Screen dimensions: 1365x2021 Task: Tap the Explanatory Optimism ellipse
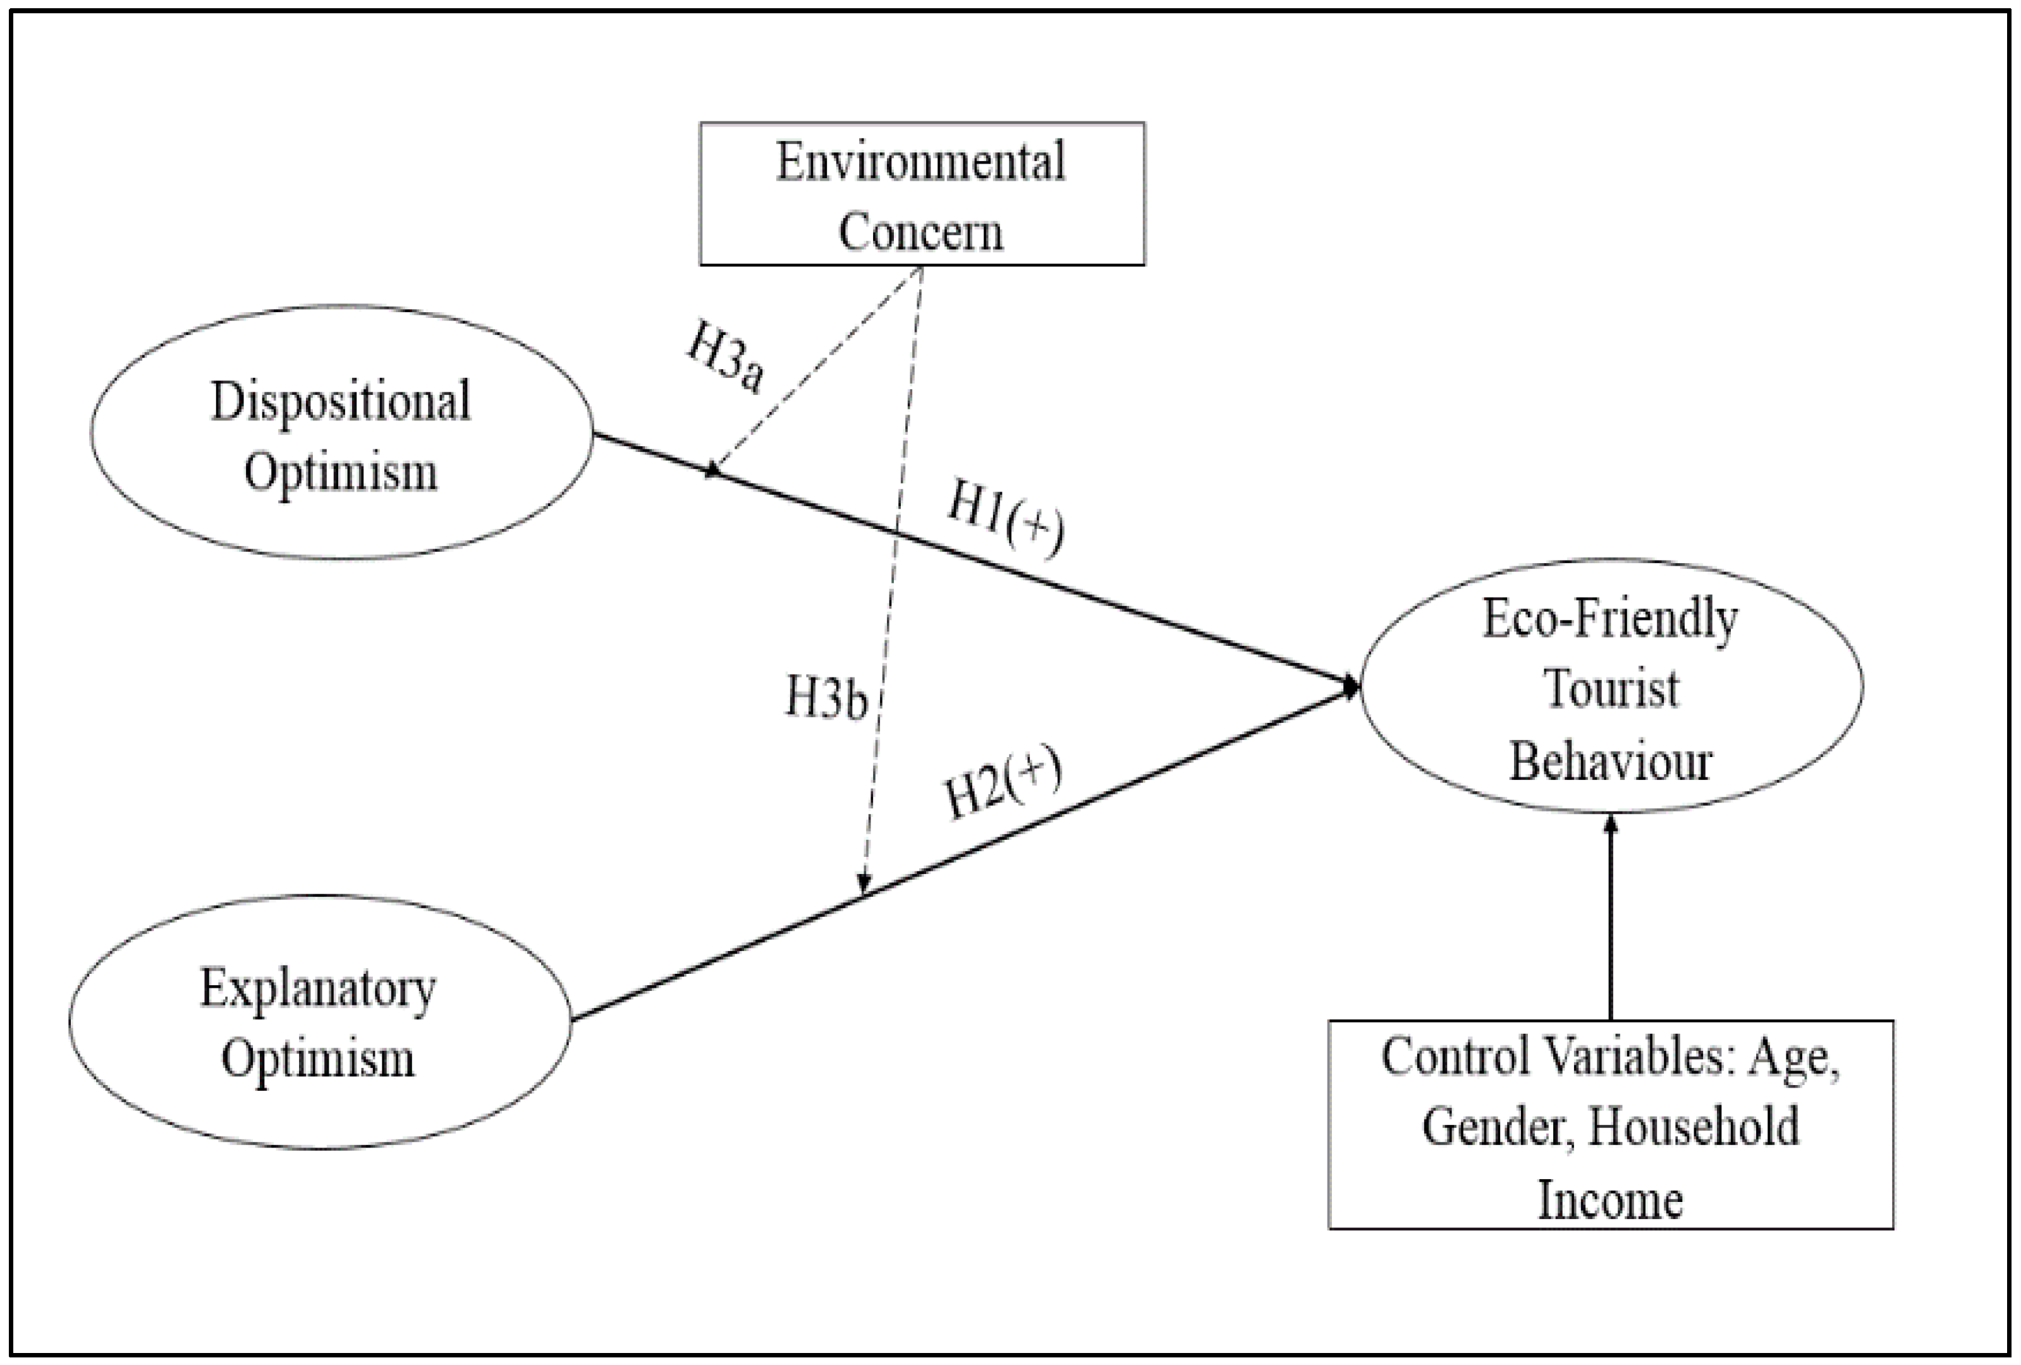coord(319,1022)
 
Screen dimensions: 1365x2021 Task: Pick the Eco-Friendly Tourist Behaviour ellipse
coord(1611,686)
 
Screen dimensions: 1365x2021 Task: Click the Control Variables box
coord(1611,1124)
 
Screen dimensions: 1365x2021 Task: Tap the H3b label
coord(826,697)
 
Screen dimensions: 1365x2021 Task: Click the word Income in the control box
coord(1611,1200)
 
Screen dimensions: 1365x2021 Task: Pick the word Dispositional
coord(341,403)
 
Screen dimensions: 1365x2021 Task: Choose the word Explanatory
coord(318,990)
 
